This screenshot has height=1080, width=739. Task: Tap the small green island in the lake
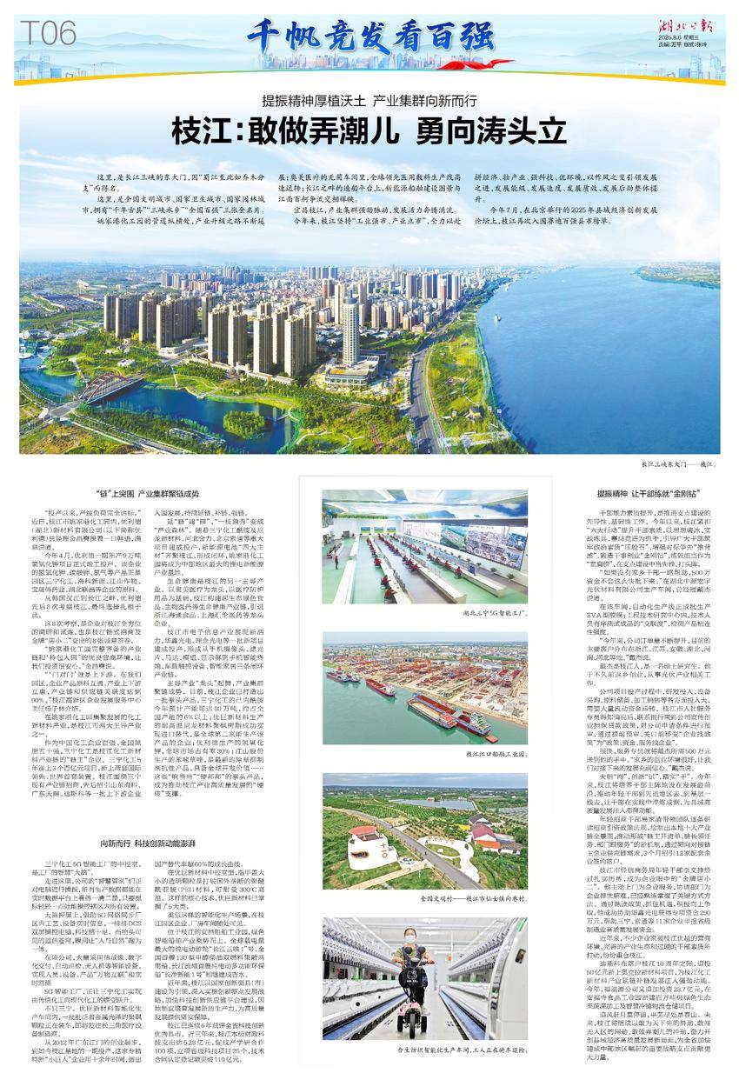(x=237, y=424)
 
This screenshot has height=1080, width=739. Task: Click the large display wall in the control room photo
(x=424, y=508)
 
